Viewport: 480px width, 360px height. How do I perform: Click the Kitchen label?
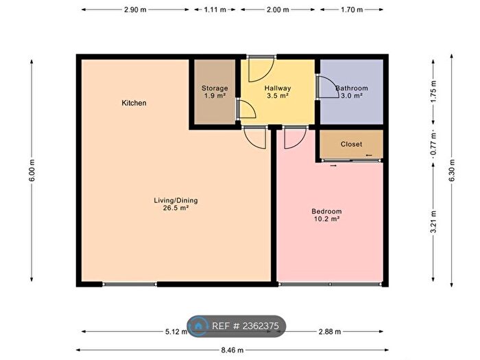134,103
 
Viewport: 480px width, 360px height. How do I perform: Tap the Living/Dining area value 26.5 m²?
176,208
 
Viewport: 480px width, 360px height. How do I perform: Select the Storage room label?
215,88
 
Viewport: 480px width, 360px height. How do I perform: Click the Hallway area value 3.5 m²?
278,95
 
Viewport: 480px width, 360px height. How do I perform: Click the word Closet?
351,144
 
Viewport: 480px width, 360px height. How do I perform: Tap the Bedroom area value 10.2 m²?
327,219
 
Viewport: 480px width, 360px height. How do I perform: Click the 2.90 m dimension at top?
135,10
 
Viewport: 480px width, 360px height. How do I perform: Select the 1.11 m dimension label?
215,10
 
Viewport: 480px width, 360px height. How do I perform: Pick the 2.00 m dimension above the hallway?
278,10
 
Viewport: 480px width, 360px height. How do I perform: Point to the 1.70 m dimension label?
352,10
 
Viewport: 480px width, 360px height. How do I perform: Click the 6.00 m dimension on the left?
32,171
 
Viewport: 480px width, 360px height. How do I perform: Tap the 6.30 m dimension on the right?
452,171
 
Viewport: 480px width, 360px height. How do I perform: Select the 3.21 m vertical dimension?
433,222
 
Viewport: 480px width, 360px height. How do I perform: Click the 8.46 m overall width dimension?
232,350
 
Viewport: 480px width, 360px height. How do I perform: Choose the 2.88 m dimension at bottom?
330,331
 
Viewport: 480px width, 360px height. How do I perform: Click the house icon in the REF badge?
198,326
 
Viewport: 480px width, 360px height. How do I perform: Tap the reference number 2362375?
261,326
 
